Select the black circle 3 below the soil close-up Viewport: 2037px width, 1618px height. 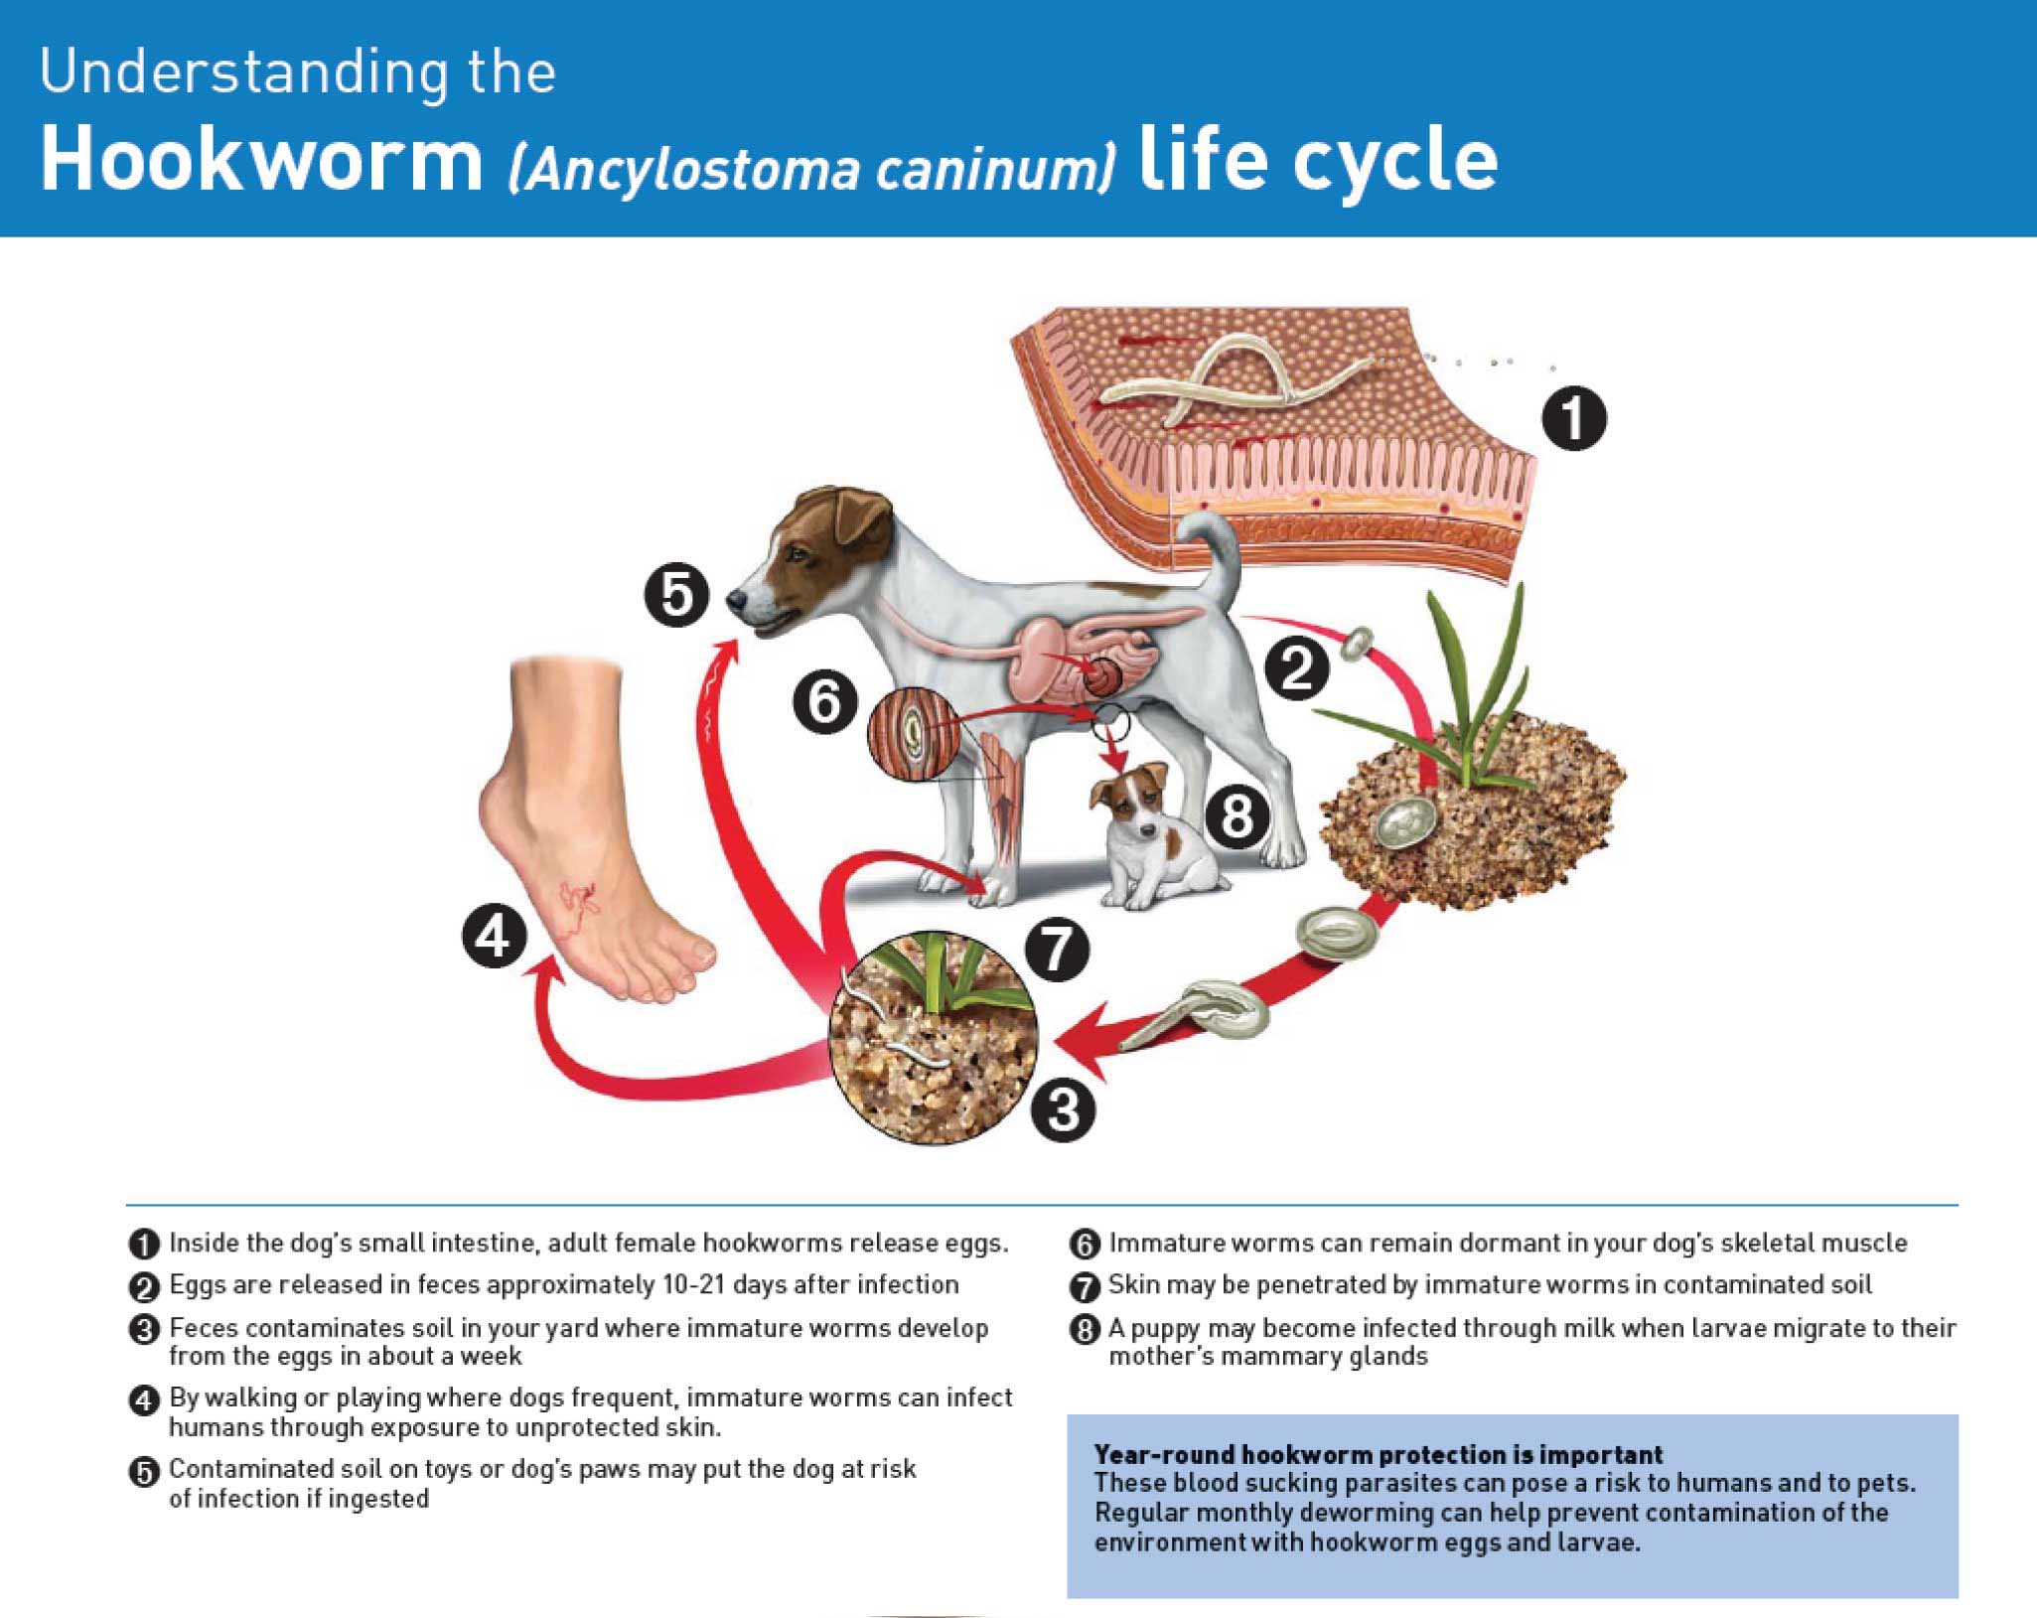(x=1063, y=1108)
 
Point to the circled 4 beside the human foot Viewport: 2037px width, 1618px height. (x=495, y=937)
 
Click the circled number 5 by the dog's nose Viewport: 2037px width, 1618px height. (x=677, y=595)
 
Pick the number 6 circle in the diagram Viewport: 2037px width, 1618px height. (x=824, y=701)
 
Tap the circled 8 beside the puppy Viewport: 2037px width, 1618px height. (x=1237, y=816)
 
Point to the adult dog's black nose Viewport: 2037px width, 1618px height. (x=737, y=600)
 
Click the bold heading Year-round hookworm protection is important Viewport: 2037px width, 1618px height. (x=1378, y=1454)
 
